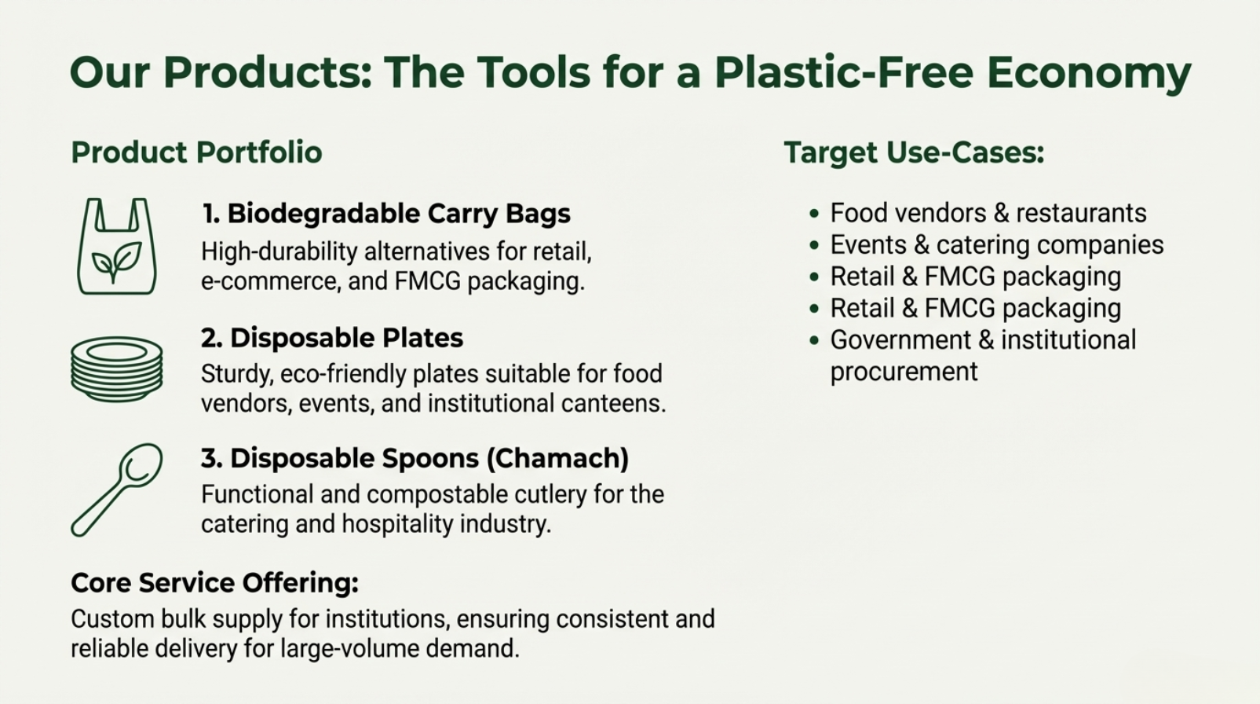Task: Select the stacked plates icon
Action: (117, 369)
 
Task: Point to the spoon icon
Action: (116, 489)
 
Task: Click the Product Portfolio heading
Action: (196, 152)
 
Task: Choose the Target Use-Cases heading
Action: (914, 152)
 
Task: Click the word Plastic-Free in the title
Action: (844, 72)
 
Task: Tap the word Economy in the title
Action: (1089, 73)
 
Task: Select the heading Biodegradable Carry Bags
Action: (399, 214)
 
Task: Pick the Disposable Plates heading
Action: (346, 338)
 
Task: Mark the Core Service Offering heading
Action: (215, 583)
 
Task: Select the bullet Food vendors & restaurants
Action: (988, 213)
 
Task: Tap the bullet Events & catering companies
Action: (997, 245)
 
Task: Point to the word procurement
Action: (904, 372)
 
